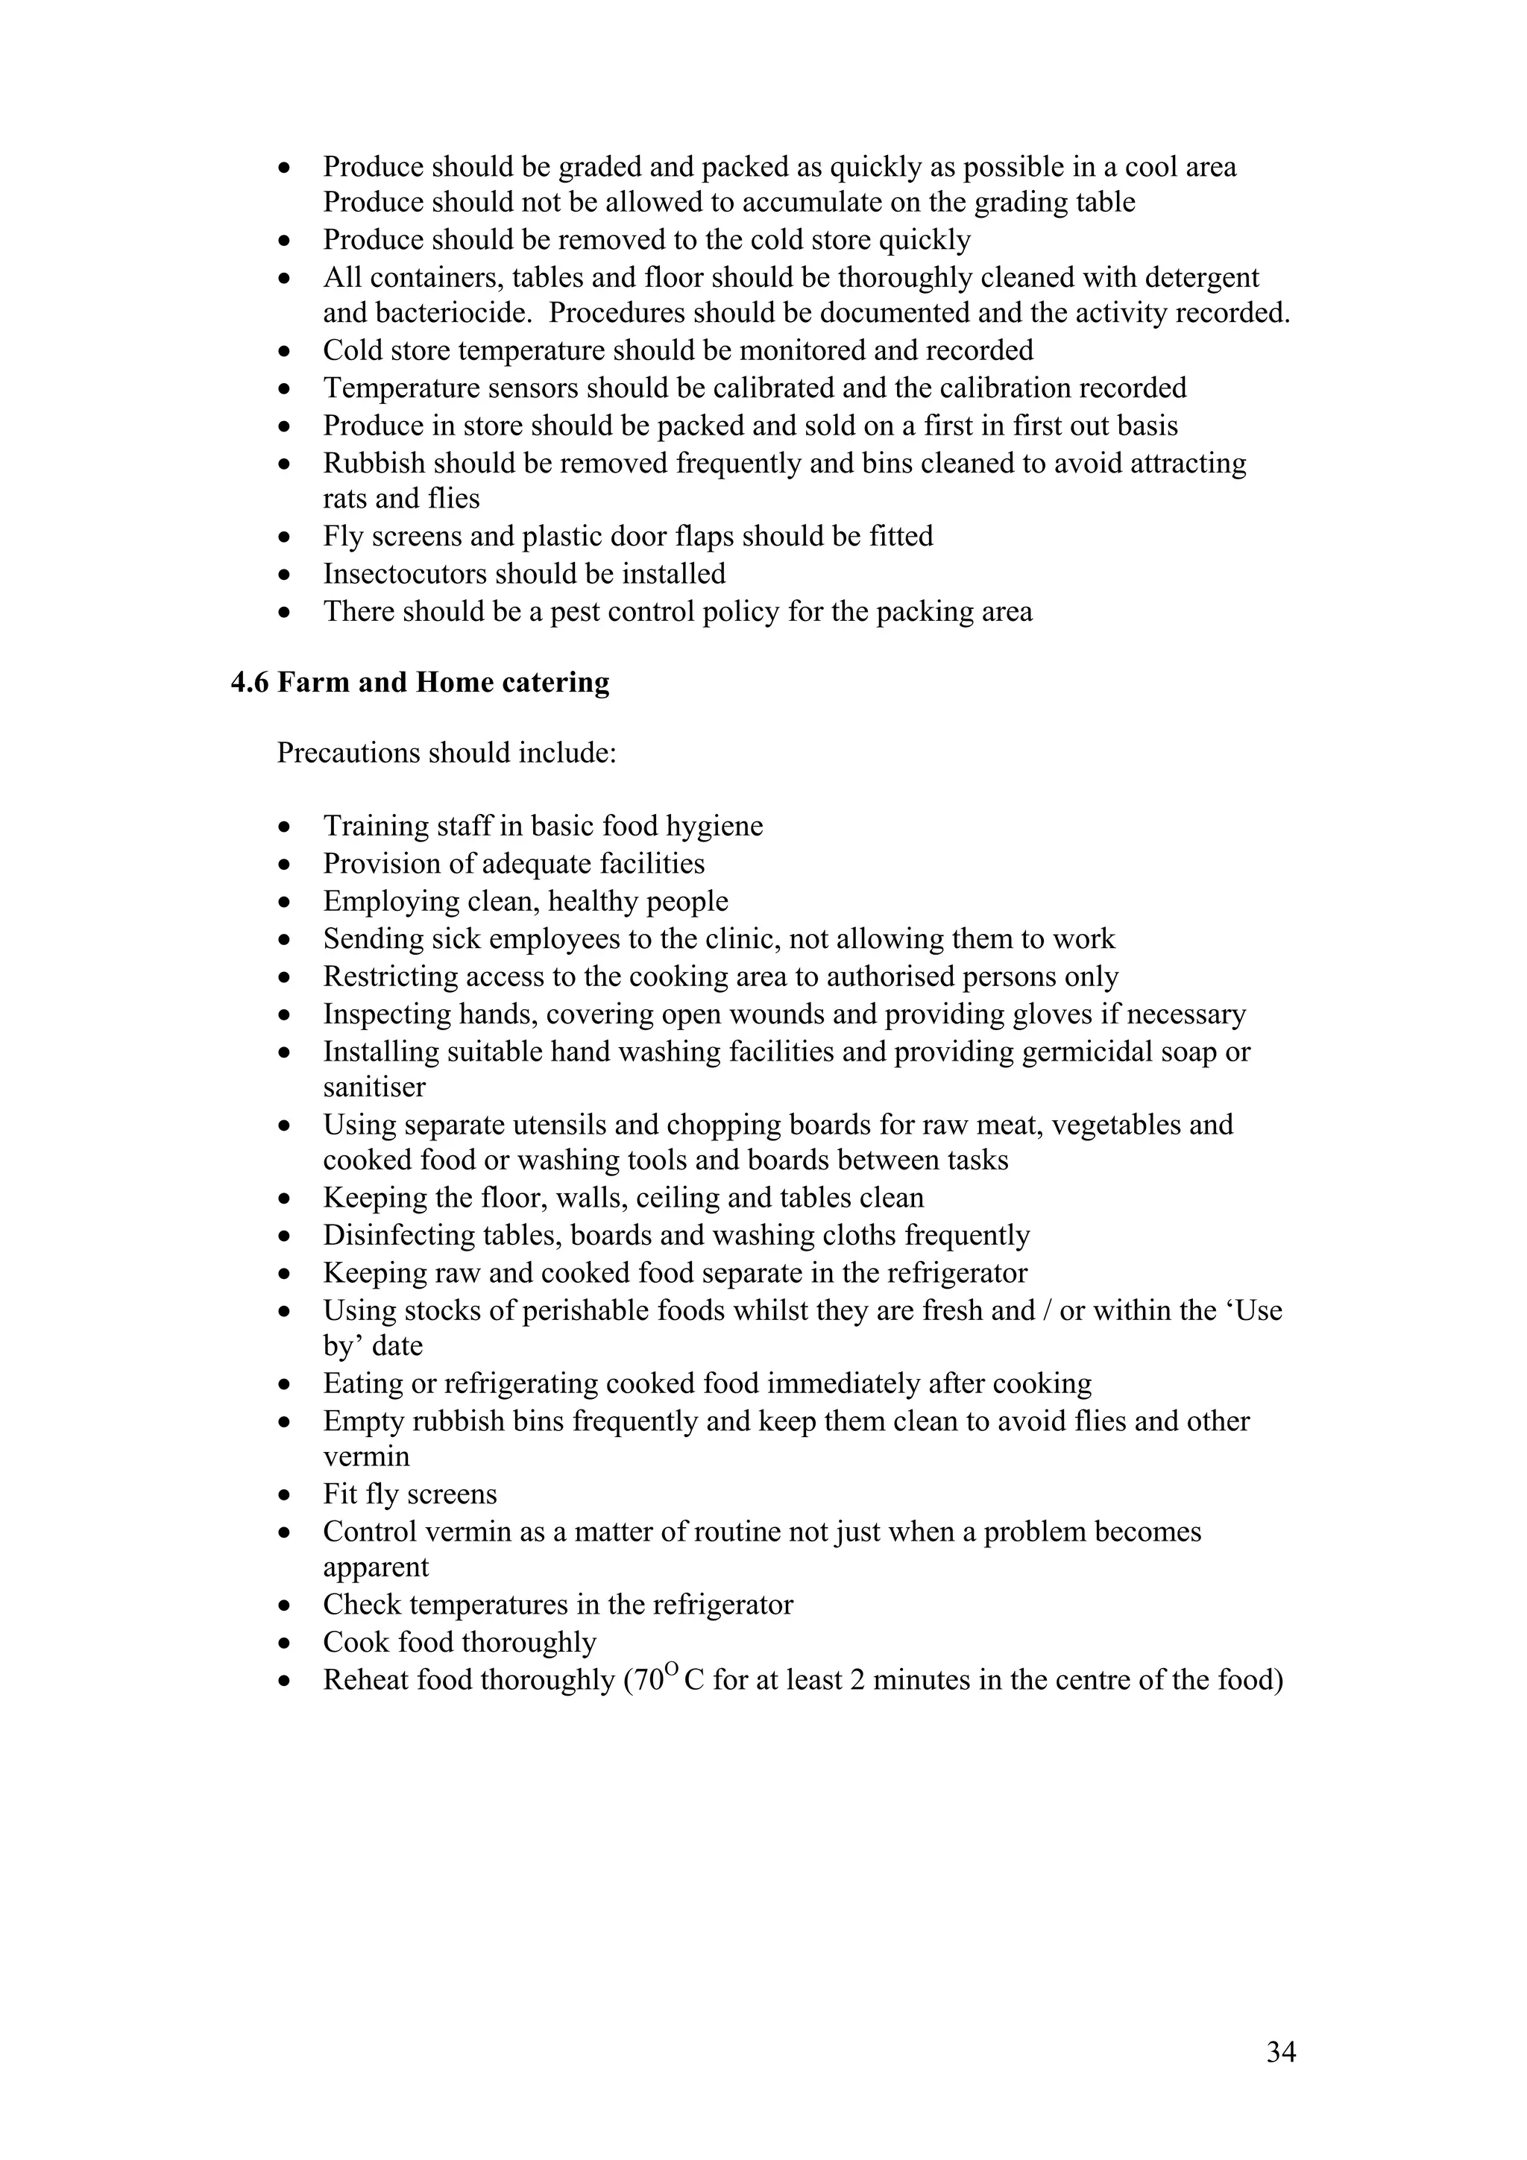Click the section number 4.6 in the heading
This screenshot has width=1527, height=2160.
point(249,682)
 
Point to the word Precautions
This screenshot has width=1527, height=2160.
point(348,754)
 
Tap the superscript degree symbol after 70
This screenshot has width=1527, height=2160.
point(671,1671)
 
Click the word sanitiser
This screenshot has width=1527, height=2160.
point(374,1087)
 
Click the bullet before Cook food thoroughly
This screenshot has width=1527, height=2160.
point(285,1643)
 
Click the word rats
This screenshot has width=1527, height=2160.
point(344,499)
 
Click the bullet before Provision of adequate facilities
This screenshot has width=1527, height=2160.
point(285,865)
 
